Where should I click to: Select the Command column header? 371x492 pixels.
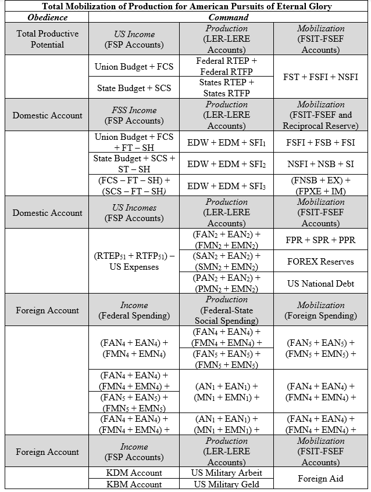(227, 17)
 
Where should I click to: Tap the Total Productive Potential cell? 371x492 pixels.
(47, 39)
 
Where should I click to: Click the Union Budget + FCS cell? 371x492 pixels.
(134, 66)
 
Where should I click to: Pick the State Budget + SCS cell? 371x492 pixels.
(134, 88)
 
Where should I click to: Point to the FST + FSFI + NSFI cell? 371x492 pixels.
(320, 77)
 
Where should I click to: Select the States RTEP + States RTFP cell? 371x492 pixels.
(227, 88)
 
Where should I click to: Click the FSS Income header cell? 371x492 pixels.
(134, 115)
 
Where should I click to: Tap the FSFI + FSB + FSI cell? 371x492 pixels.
(320, 142)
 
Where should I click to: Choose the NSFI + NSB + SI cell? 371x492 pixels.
(320, 164)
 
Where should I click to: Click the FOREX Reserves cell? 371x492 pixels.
(320, 261)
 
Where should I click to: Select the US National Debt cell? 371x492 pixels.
(320, 283)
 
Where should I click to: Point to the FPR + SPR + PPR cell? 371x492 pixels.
(320, 240)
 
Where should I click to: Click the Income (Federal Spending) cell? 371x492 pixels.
(134, 310)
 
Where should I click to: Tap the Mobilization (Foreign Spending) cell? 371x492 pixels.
(320, 310)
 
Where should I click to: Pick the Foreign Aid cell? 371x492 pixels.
(320, 479)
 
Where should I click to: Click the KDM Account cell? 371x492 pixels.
(134, 473)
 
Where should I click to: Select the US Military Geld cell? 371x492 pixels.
(227, 484)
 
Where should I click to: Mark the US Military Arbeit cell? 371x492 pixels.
(227, 473)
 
